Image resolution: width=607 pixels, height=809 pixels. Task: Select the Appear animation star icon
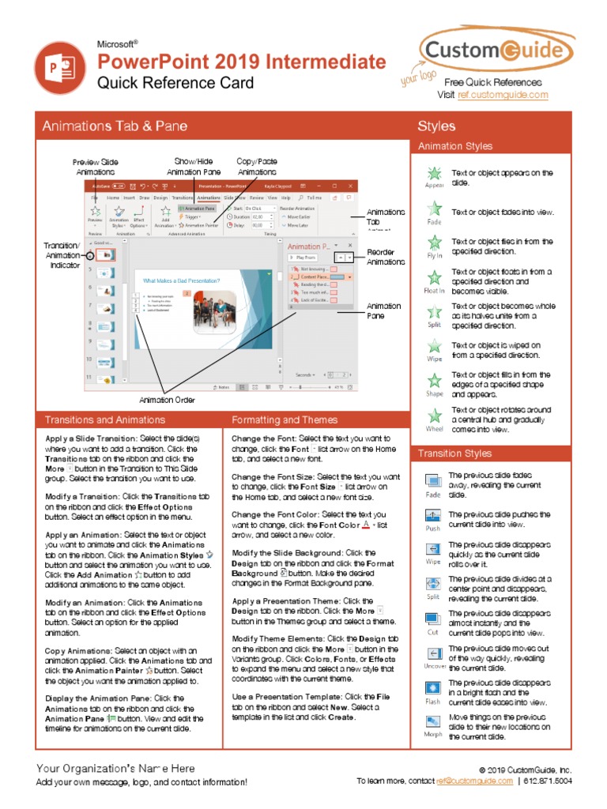tap(434, 175)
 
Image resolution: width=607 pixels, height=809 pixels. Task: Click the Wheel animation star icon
tap(434, 416)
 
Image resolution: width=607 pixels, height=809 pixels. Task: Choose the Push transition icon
tap(433, 516)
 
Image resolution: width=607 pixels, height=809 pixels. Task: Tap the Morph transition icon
tap(433, 722)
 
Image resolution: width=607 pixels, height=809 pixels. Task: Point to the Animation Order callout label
tap(167, 400)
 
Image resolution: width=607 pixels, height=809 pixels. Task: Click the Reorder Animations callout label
tap(385, 257)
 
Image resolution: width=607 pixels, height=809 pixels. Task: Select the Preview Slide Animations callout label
tap(96, 167)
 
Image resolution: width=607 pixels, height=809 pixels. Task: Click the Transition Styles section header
tap(454, 453)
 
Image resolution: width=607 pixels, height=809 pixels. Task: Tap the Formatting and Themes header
tap(285, 420)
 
